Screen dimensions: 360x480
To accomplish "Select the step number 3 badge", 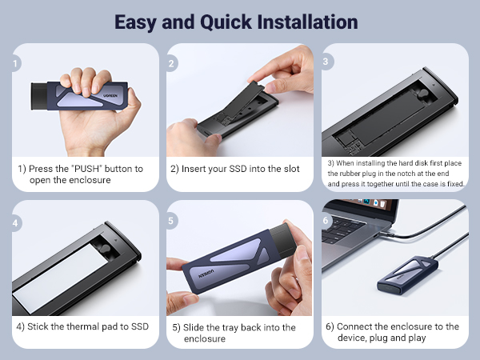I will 327,62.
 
